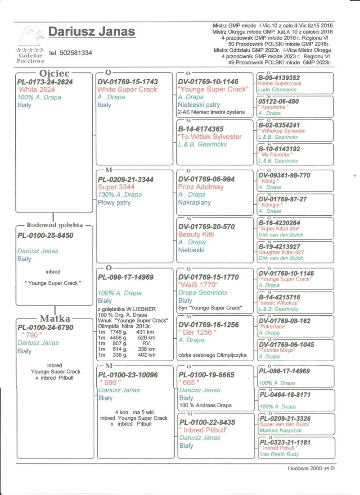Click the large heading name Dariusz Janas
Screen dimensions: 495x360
[91, 32]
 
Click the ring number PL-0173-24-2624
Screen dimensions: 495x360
[45, 82]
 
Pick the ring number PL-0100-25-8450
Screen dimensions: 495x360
[45, 235]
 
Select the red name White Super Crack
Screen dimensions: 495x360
[127, 90]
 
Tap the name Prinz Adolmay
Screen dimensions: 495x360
[201, 186]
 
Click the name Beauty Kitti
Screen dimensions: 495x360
[196, 234]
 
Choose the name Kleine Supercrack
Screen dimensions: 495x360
[279, 84]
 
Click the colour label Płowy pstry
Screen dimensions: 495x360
[114, 203]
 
